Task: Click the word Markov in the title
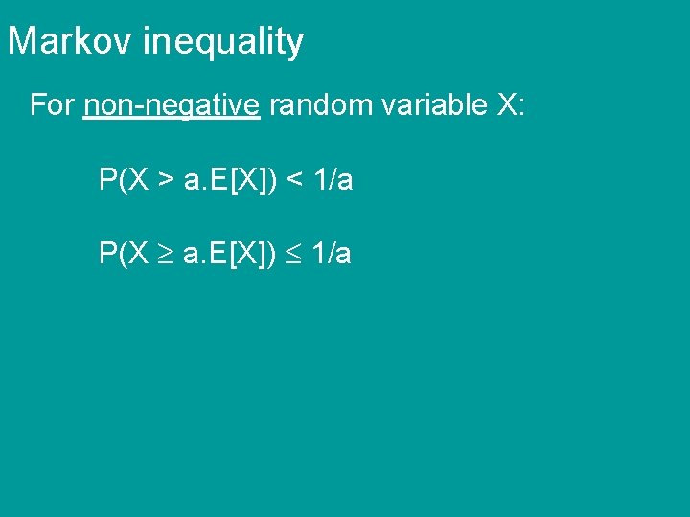[x=72, y=41]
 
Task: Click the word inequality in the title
[x=223, y=42]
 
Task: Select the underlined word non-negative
[x=172, y=106]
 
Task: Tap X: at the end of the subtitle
[x=511, y=105]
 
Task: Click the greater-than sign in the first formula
[x=167, y=180]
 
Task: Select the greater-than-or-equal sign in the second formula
[x=167, y=255]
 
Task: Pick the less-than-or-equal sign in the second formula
[x=295, y=255]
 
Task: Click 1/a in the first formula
[x=333, y=180]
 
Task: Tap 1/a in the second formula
[x=333, y=254]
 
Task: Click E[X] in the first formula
[x=241, y=180]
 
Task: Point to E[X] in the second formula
[x=241, y=254]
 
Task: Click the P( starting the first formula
[x=111, y=180]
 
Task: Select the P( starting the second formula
[x=111, y=254]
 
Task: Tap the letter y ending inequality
[x=296, y=44]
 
